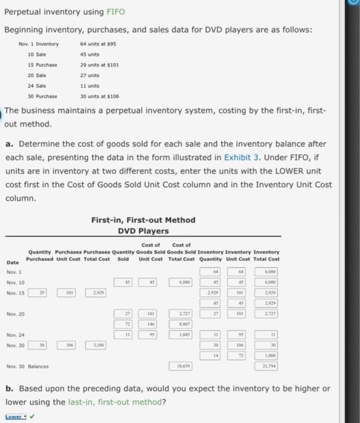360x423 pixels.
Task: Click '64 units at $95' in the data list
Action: click(97, 44)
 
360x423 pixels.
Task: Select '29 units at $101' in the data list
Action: click(100, 65)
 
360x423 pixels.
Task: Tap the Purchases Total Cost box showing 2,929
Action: click(95, 292)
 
